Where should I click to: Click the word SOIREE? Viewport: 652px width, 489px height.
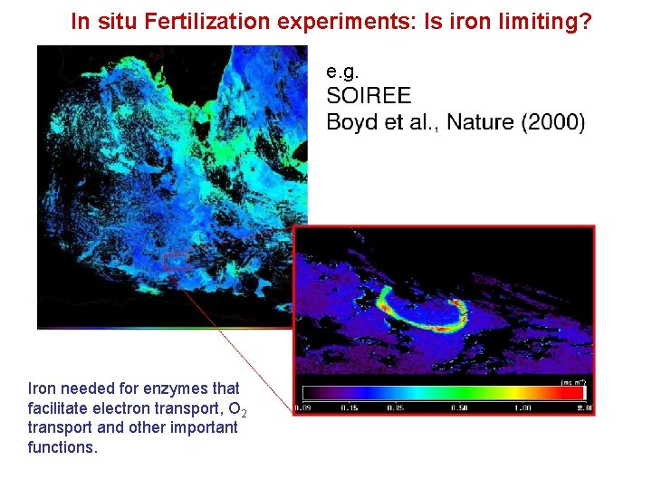click(368, 96)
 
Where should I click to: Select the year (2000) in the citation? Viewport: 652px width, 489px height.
click(554, 121)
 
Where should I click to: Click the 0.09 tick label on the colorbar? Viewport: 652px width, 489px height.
click(305, 408)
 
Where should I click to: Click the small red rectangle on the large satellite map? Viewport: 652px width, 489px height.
click(177, 263)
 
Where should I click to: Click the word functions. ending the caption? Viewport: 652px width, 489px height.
click(62, 447)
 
